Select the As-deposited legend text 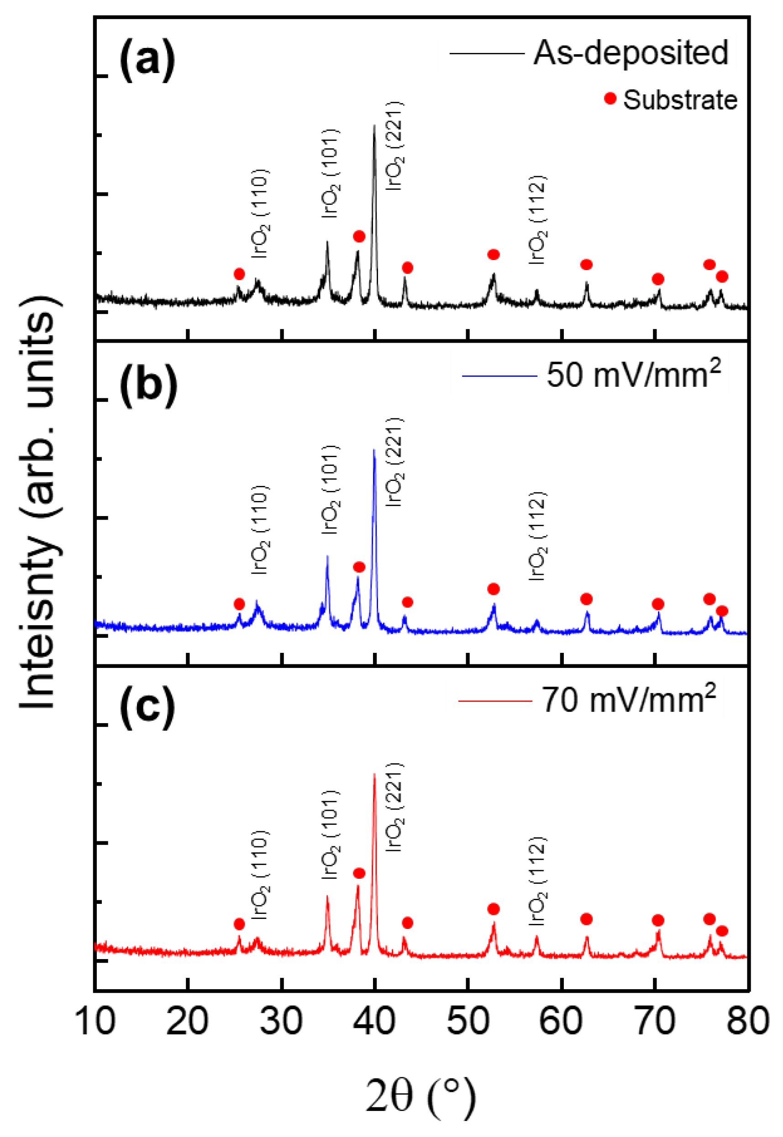point(631,52)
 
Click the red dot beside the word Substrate point(610,99)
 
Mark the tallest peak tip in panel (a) point(374,125)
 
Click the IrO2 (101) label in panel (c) point(330,834)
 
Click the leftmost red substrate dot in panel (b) point(239,604)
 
